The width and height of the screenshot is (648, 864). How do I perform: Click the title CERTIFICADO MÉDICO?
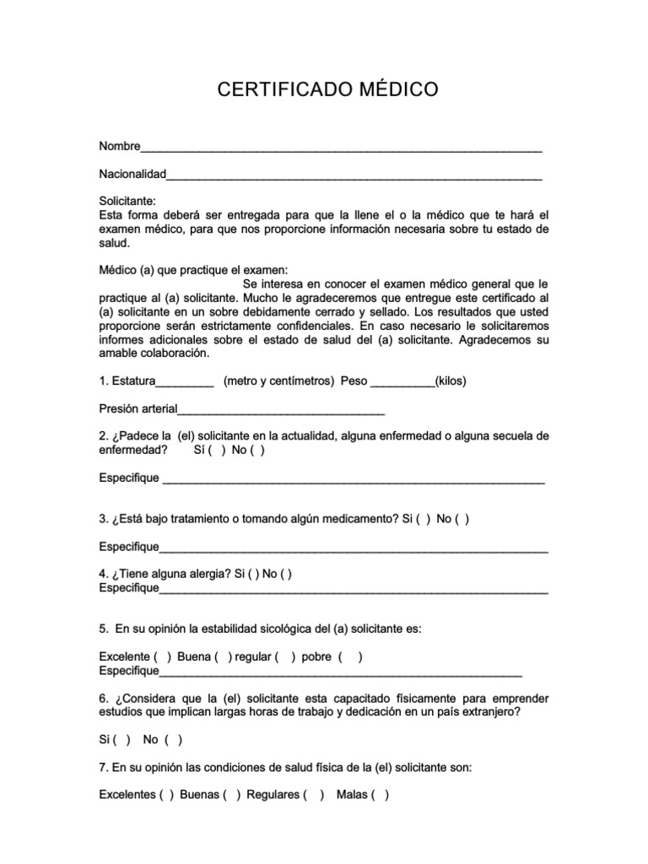point(328,90)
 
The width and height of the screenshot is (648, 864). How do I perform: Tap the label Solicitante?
point(127,202)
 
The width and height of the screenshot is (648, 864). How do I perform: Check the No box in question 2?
point(257,451)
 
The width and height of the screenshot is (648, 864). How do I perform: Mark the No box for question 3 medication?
point(462,519)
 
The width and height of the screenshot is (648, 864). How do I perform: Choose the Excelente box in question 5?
point(163,657)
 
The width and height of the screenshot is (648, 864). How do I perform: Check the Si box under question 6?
point(122,740)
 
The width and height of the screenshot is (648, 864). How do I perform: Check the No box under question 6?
point(174,740)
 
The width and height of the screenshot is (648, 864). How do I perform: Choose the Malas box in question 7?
point(381,795)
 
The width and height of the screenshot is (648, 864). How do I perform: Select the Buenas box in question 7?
point(232,795)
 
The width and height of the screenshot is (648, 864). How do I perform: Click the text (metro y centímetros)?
point(278,381)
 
